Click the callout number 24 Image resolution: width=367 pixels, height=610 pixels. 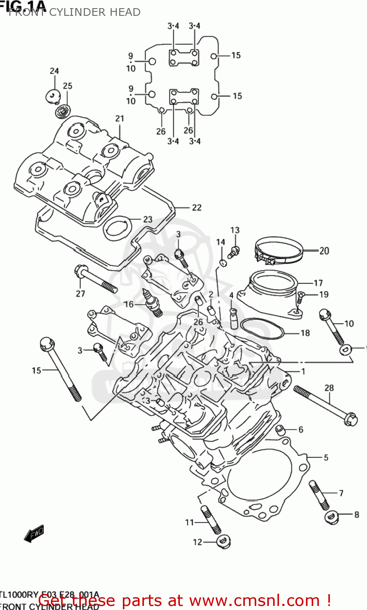pyautogui.click(x=55, y=71)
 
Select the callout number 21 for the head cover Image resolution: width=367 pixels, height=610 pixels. pyautogui.click(x=119, y=118)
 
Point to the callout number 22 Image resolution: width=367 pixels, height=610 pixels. pyautogui.click(x=197, y=207)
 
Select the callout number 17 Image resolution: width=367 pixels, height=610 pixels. pyautogui.click(x=318, y=283)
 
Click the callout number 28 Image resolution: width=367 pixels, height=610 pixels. pyautogui.click(x=329, y=388)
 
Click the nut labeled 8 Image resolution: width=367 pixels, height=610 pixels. pyautogui.click(x=332, y=516)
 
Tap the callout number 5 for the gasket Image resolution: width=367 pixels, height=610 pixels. pyautogui.click(x=326, y=457)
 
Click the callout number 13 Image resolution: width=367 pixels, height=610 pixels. pyautogui.click(x=235, y=230)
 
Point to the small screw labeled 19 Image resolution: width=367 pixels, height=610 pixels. pyautogui.click(x=300, y=298)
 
